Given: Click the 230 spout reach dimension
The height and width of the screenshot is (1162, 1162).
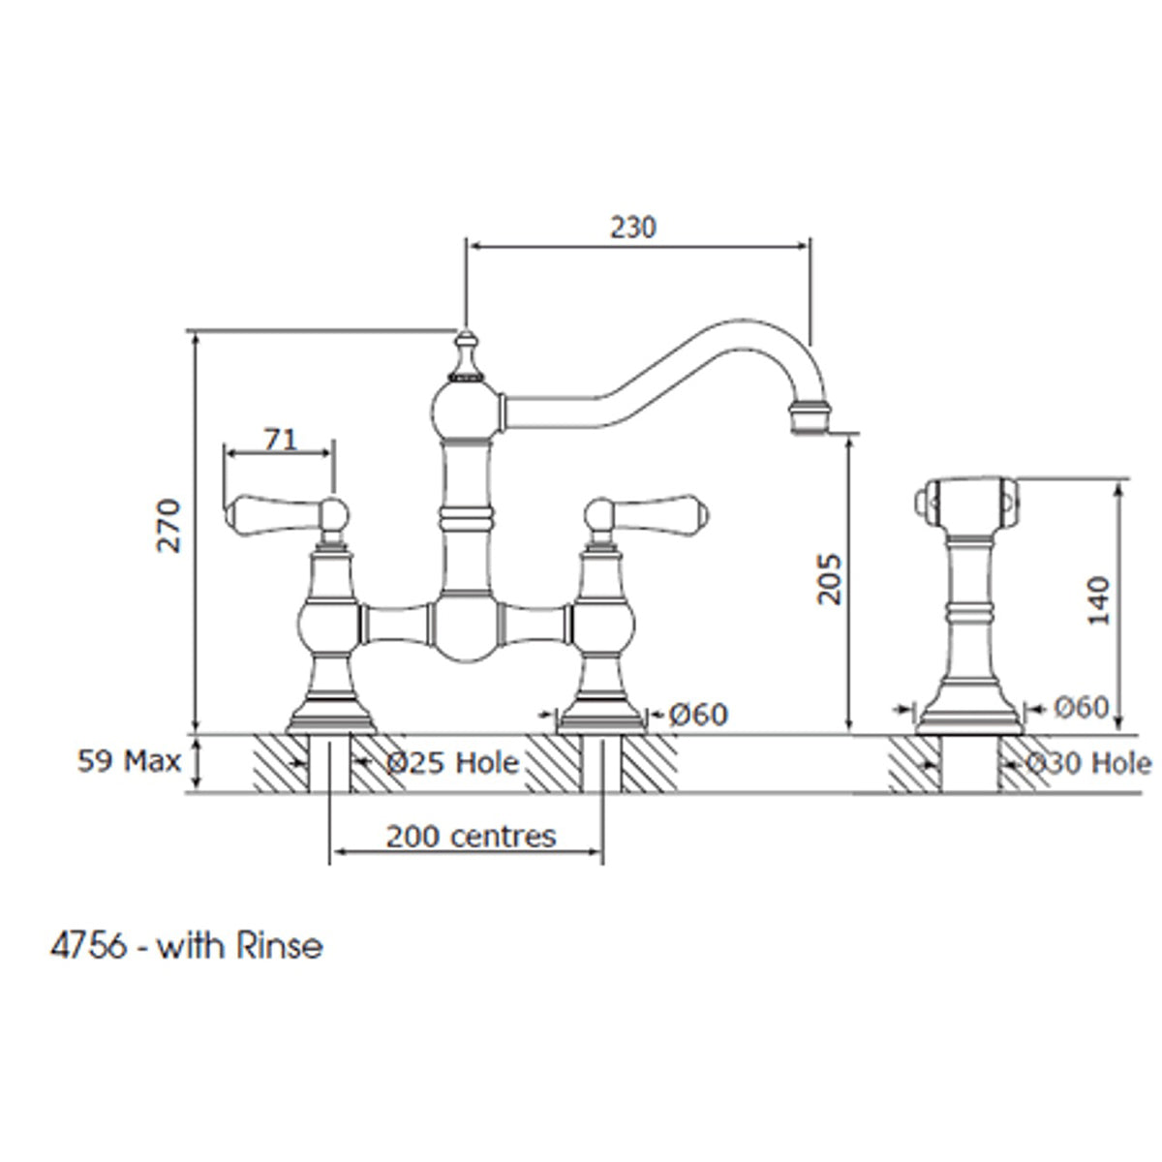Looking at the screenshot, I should click(632, 227).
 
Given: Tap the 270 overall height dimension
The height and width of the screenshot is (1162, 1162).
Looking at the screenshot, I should click(170, 526).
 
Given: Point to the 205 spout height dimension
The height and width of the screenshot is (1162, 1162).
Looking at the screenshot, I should click(829, 579).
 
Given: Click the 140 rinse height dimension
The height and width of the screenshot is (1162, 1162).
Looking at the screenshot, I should click(1099, 600).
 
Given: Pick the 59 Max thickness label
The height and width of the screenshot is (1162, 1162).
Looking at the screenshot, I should click(129, 761).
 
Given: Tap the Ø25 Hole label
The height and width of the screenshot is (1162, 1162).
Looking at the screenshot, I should click(452, 763).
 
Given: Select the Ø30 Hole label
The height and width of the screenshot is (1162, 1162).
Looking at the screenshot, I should click(1088, 763).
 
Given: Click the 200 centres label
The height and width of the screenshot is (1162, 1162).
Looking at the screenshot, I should click(471, 836).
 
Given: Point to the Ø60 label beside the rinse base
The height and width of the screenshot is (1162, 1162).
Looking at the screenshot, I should click(1080, 708).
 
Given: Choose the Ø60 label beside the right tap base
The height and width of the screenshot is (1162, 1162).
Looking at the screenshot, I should click(697, 715).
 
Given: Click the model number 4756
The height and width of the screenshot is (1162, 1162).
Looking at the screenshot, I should click(87, 945).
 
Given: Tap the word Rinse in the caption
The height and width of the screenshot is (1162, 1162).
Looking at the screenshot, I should click(279, 945).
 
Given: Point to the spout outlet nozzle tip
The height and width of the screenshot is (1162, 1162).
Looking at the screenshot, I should click(810, 418).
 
